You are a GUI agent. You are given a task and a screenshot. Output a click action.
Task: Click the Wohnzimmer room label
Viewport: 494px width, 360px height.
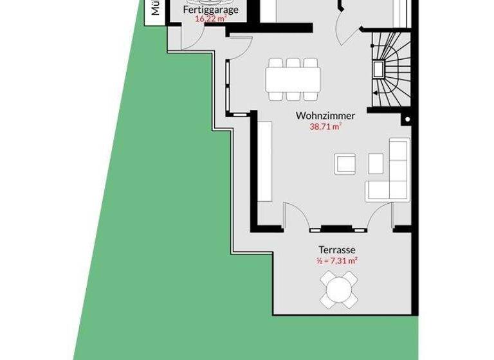tap(325, 116)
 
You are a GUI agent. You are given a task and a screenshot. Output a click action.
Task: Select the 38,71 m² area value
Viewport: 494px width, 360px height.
tap(325, 127)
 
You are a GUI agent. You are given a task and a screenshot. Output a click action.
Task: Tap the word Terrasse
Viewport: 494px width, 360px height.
tap(337, 249)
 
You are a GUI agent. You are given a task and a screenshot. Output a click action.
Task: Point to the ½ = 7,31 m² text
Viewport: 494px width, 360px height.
tap(337, 261)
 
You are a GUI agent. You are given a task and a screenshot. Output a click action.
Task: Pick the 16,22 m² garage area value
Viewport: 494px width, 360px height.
tap(210, 19)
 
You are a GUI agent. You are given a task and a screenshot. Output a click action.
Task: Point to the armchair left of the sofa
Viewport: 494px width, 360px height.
tap(344, 163)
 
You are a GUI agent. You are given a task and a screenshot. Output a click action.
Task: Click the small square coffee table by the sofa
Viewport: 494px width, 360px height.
tap(375, 163)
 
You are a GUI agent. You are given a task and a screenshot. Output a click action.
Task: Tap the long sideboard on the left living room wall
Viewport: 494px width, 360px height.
tap(264, 160)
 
